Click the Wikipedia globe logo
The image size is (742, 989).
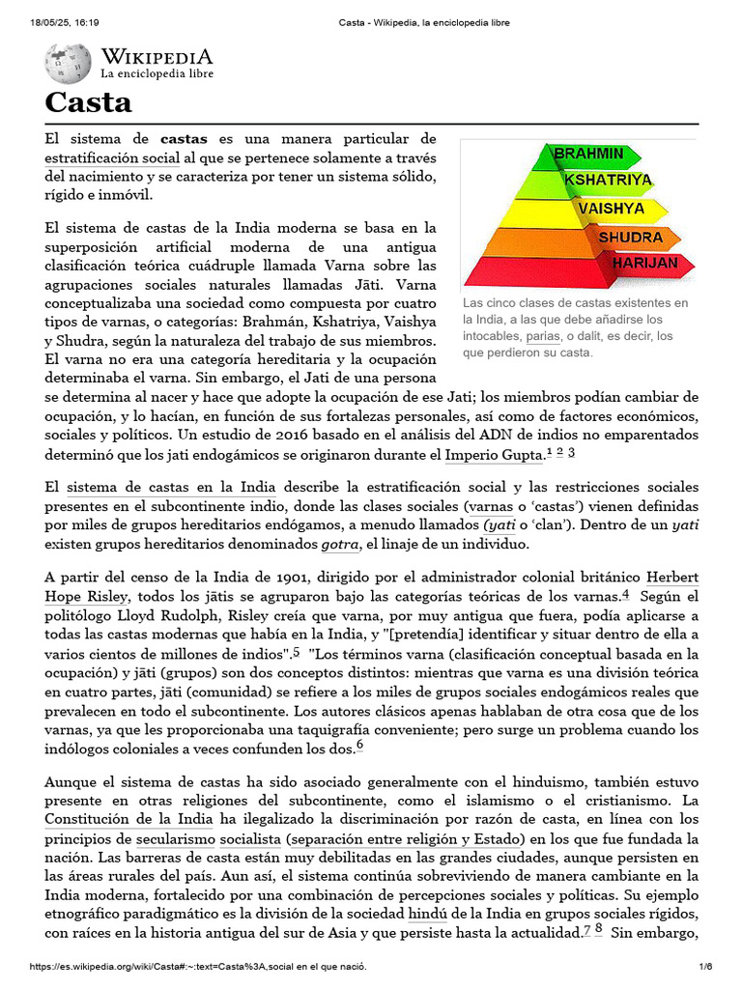click(67, 64)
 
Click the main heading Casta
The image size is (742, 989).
click(88, 102)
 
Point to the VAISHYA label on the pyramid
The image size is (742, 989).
click(611, 208)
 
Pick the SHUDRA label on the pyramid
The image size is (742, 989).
click(630, 237)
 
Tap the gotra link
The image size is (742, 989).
click(339, 545)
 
